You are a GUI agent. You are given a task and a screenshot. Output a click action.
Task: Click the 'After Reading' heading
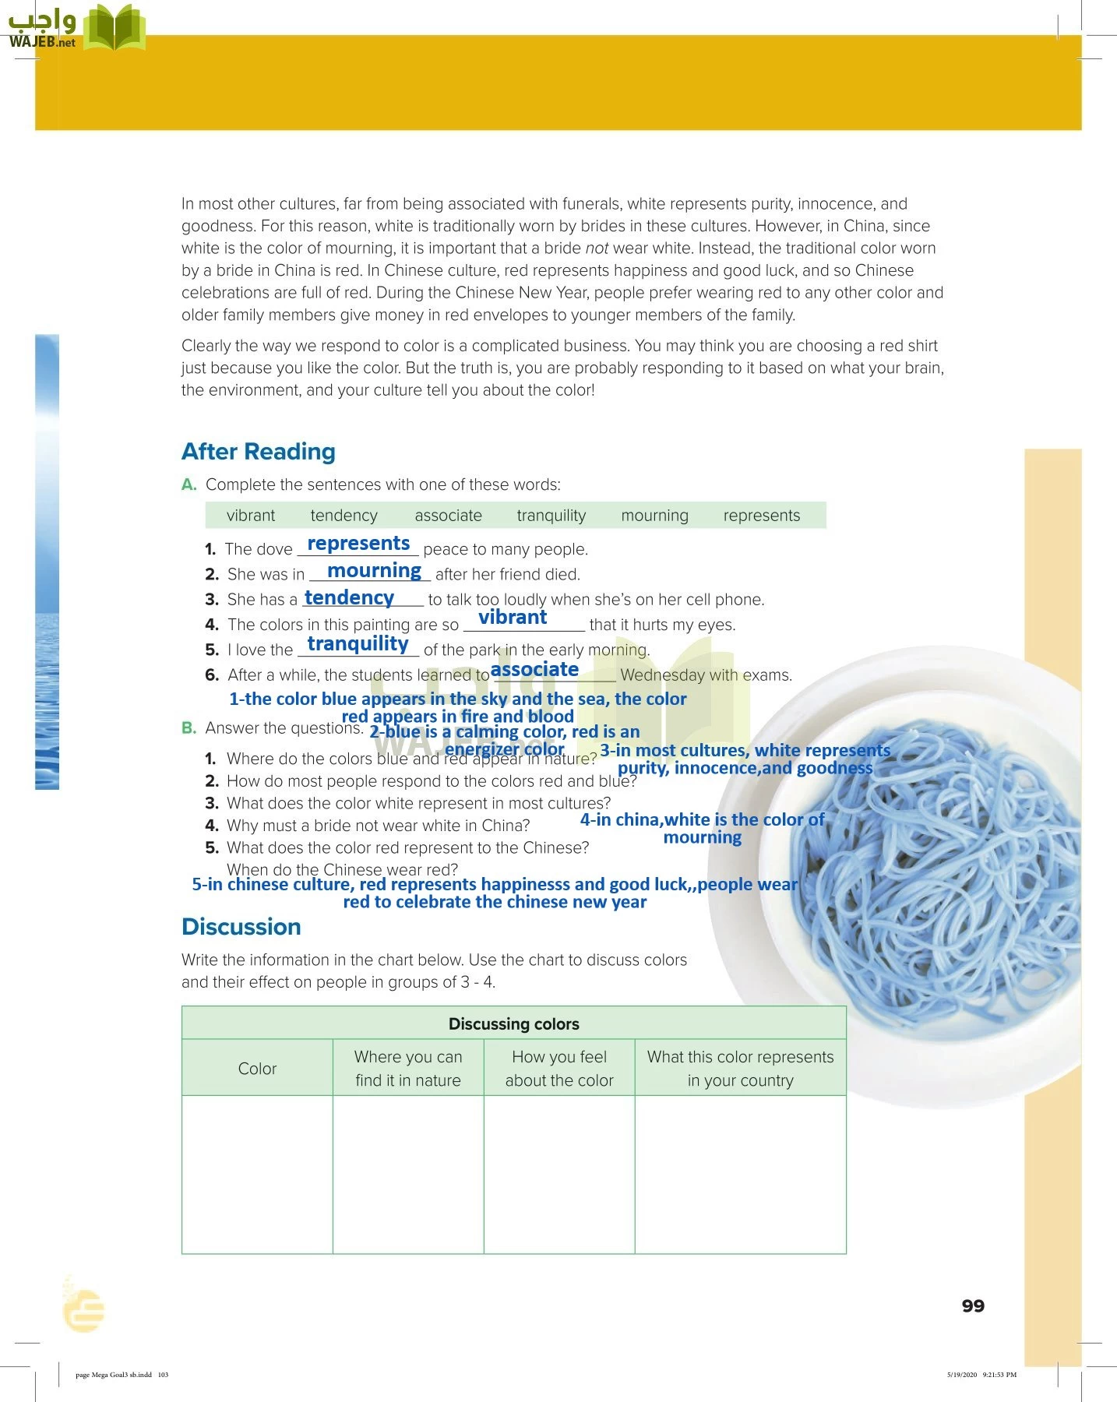point(258,452)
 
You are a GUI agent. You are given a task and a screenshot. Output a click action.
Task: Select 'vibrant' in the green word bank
point(250,516)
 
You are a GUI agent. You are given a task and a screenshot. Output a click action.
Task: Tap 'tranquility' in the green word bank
point(551,516)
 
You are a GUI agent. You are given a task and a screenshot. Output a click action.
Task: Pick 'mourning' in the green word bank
point(654,516)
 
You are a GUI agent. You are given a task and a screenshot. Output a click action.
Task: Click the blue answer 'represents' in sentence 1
point(358,544)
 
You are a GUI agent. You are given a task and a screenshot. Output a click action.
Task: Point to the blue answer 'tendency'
point(349,597)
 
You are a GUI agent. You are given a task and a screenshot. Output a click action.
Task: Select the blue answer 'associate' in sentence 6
point(534,670)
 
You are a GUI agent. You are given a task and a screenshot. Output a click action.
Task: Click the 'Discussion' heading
point(241,927)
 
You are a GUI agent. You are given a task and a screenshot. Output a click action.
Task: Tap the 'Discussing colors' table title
point(513,1023)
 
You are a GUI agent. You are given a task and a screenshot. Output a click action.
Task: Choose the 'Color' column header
point(257,1069)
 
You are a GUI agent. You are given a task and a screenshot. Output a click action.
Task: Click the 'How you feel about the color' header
point(559,1069)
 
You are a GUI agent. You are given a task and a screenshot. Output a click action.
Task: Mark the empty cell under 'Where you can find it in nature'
point(408,1174)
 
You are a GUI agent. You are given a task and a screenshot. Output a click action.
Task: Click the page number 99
point(973,1306)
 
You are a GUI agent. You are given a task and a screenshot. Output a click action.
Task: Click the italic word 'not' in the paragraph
point(597,248)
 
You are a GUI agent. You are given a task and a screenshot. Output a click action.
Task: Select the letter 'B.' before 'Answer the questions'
point(189,728)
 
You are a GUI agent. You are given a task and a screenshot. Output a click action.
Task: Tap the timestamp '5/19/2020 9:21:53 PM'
point(981,1375)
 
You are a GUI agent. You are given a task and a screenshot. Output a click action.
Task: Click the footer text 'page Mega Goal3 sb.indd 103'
point(122,1375)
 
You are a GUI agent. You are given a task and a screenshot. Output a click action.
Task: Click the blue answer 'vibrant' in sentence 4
point(513,618)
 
